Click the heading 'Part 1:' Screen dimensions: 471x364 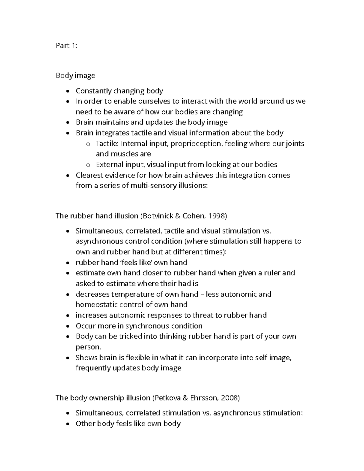(x=66, y=45)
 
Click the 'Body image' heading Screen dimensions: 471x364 (x=76, y=76)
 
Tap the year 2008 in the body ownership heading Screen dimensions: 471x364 (x=230, y=398)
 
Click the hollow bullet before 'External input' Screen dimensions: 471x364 (x=88, y=165)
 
